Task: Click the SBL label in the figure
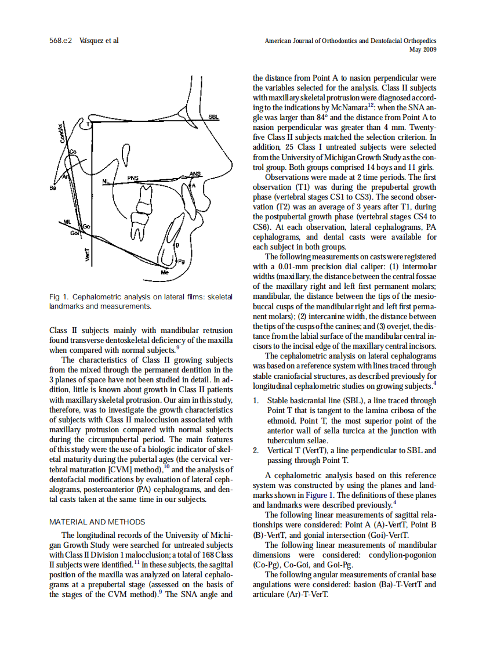pyautogui.click(x=214, y=117)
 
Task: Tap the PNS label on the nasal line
pyautogui.click(x=133, y=178)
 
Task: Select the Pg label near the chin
pyautogui.click(x=181, y=261)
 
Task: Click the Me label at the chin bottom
pyautogui.click(x=165, y=272)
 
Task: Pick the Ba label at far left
pyautogui.click(x=53, y=187)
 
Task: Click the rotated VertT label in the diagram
pyautogui.click(x=88, y=254)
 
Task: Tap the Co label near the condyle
pyautogui.click(x=72, y=151)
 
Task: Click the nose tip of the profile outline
pyautogui.click(x=231, y=167)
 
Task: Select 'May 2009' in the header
pyautogui.click(x=423, y=50)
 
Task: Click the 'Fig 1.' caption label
pyautogui.click(x=59, y=296)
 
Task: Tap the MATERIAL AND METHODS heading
pyautogui.click(x=97, y=522)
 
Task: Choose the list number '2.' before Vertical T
pyautogui.click(x=257, y=450)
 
